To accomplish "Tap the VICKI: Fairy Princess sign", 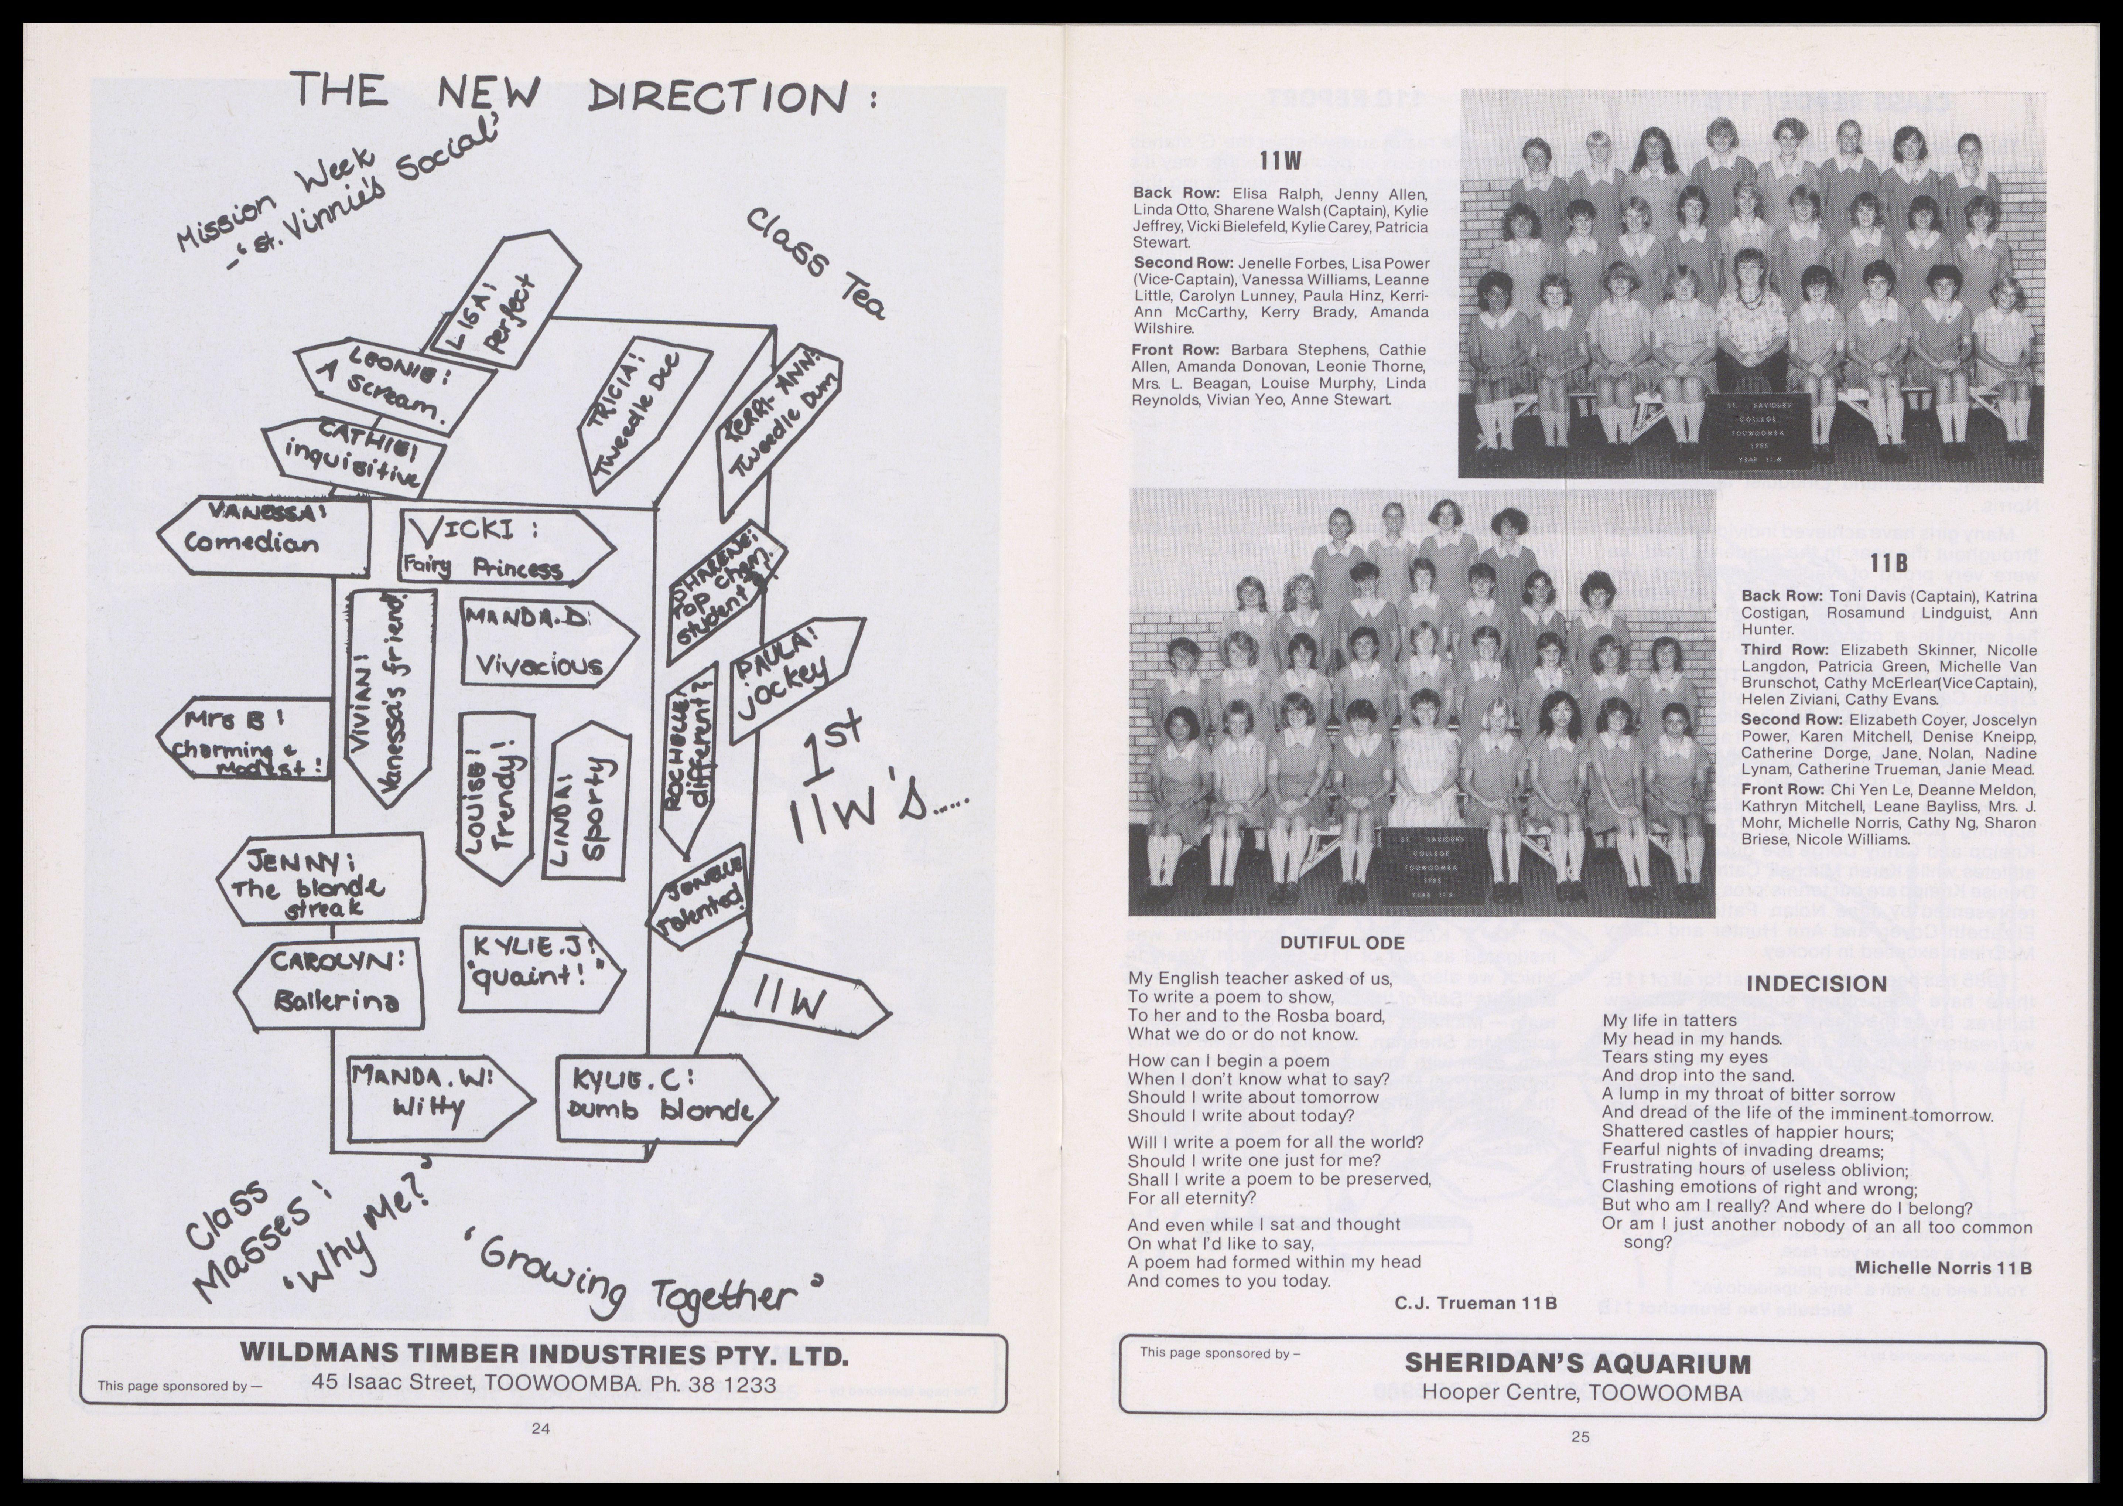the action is click(x=500, y=549).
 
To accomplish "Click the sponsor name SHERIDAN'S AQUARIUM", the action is click(x=1578, y=1363).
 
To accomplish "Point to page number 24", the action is click(x=540, y=1429).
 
